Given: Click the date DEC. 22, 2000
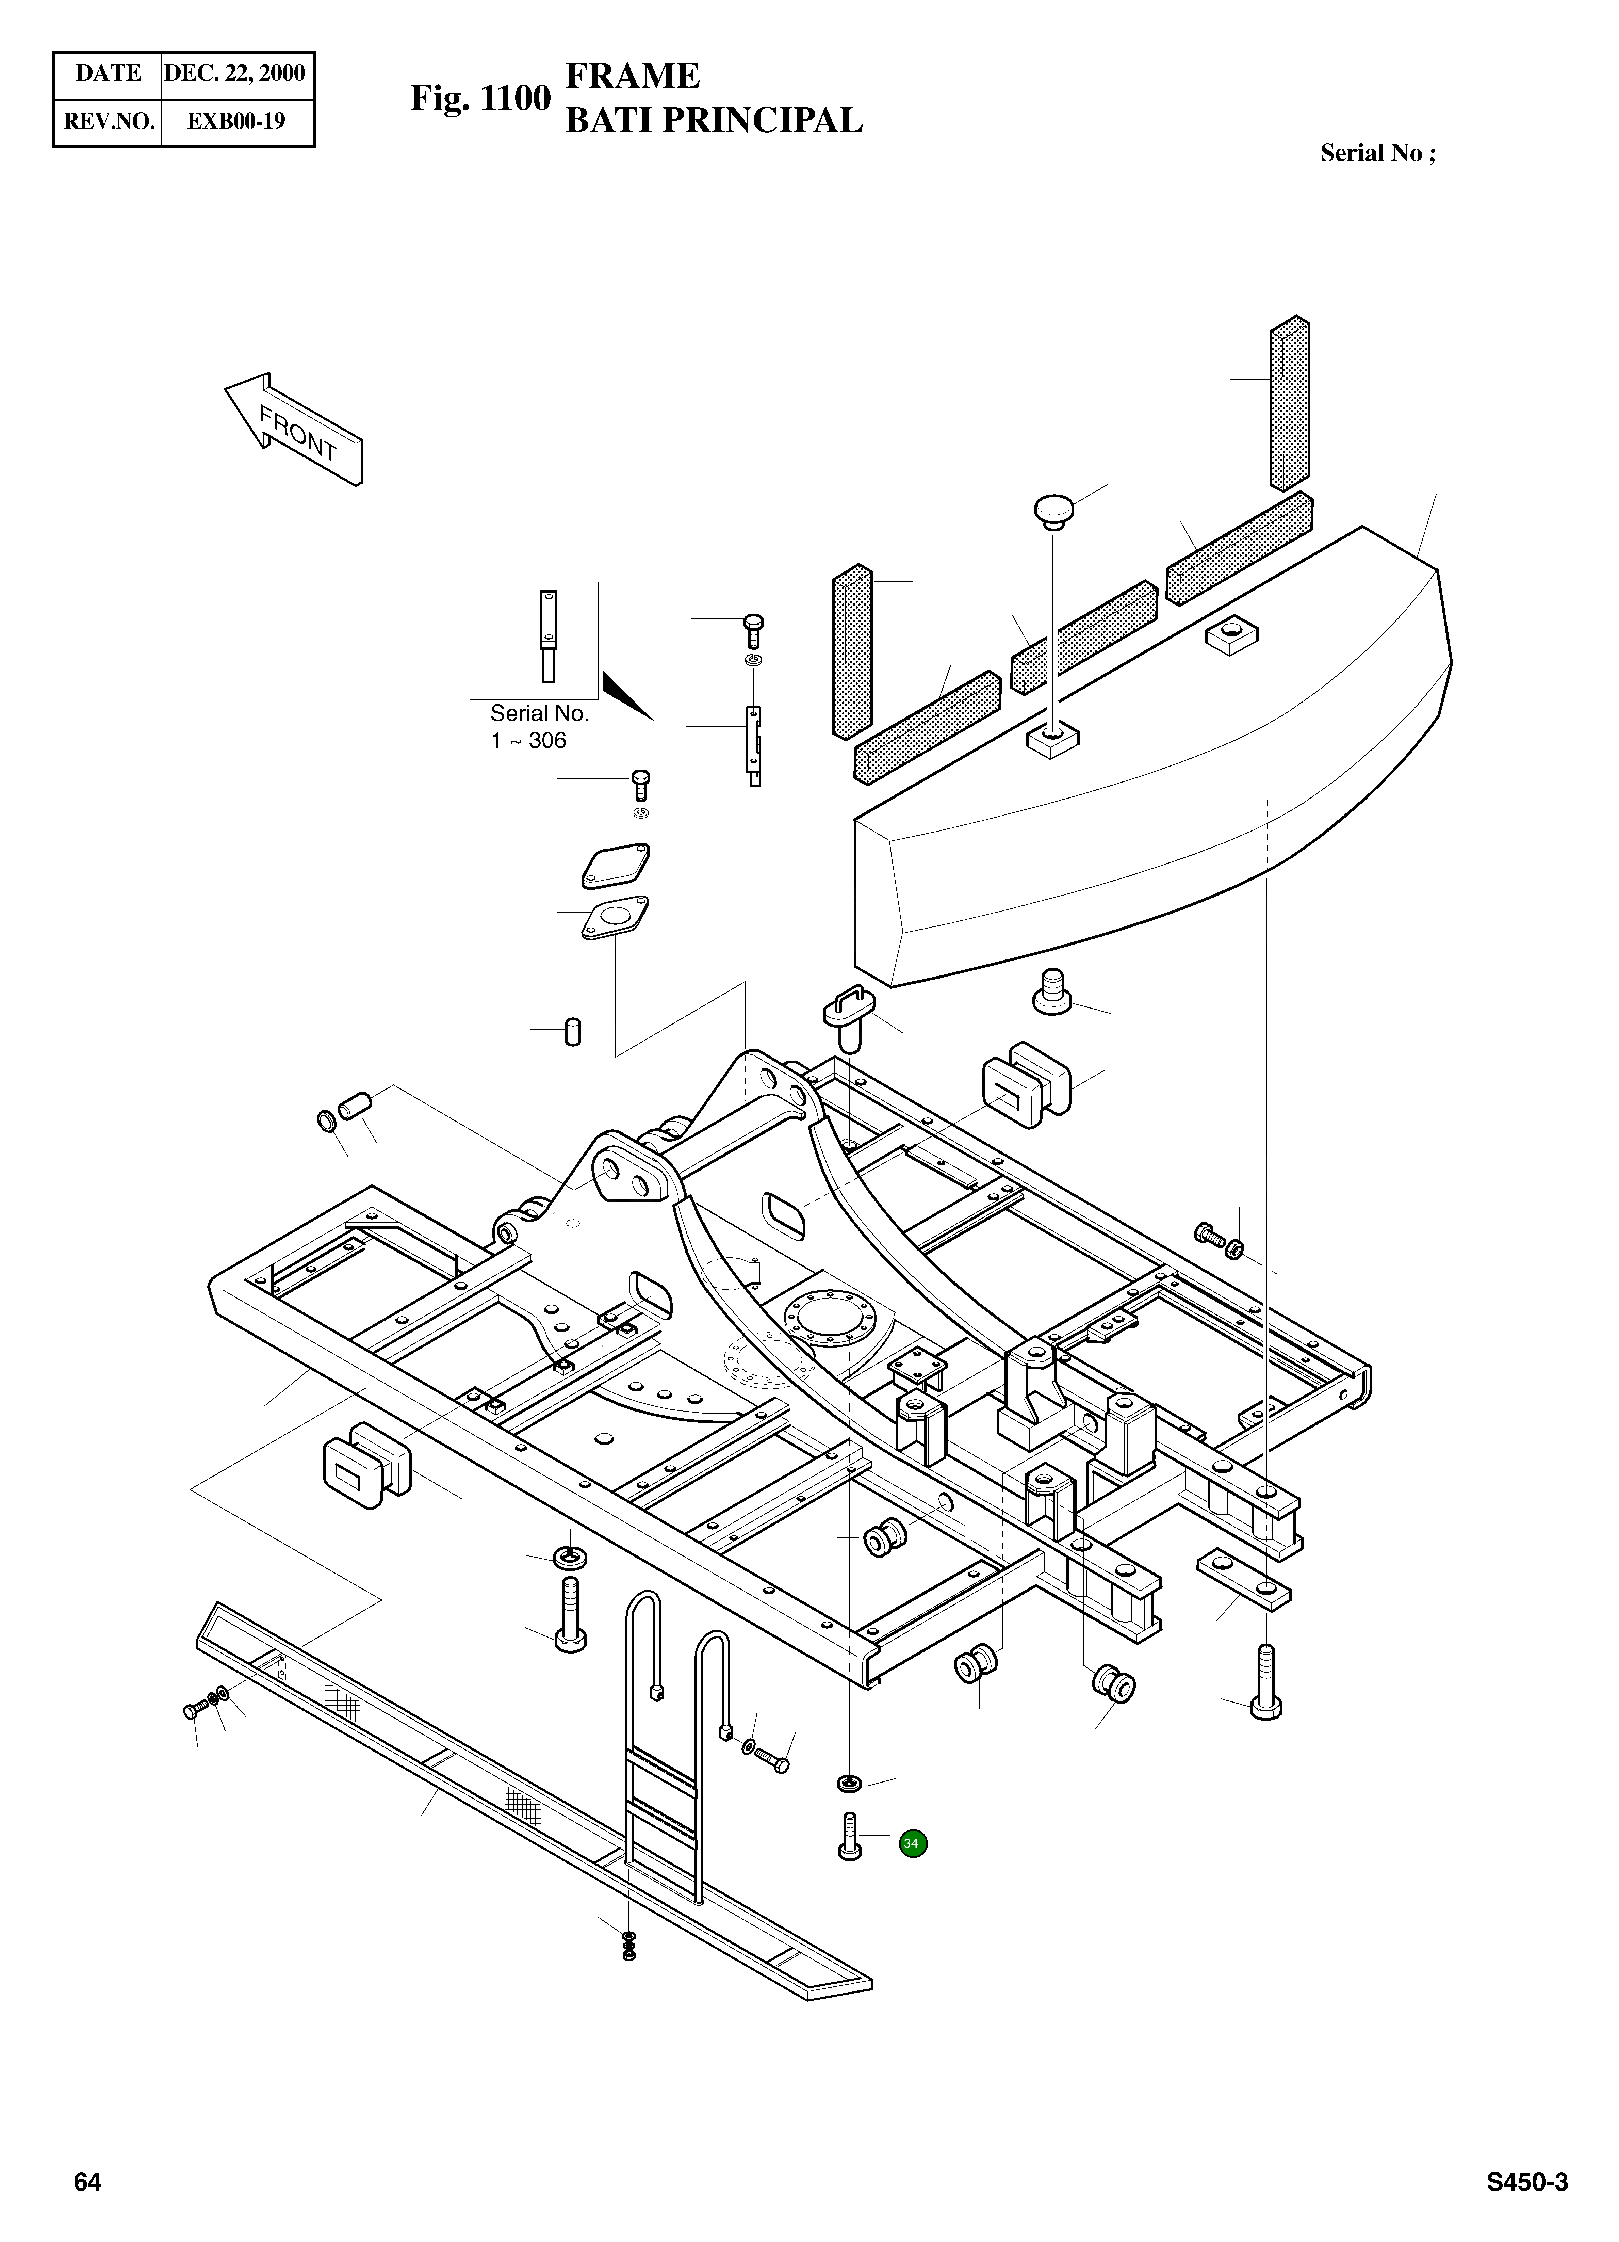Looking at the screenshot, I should pyautogui.click(x=235, y=73).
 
